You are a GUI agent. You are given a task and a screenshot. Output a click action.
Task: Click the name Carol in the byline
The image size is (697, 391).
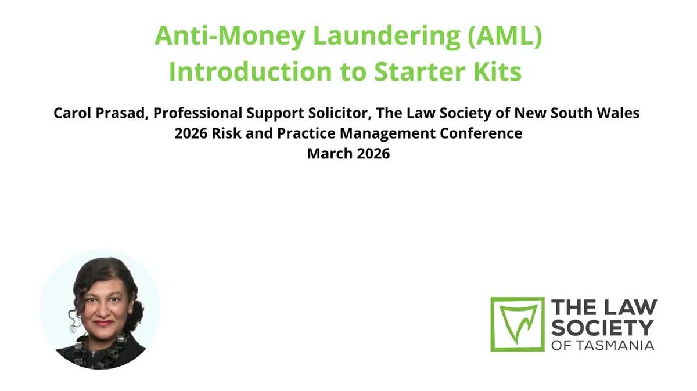pyautogui.click(x=71, y=113)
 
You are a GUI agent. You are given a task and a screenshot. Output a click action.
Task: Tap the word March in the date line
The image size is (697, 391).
pyautogui.click(x=328, y=154)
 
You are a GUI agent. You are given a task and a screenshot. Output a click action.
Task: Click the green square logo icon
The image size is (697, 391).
pyautogui.click(x=517, y=324)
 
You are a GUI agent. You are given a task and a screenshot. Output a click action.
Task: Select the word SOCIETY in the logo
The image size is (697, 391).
pyautogui.click(x=602, y=327)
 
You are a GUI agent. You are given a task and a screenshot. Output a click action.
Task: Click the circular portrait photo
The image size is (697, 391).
pyautogui.click(x=100, y=310)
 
